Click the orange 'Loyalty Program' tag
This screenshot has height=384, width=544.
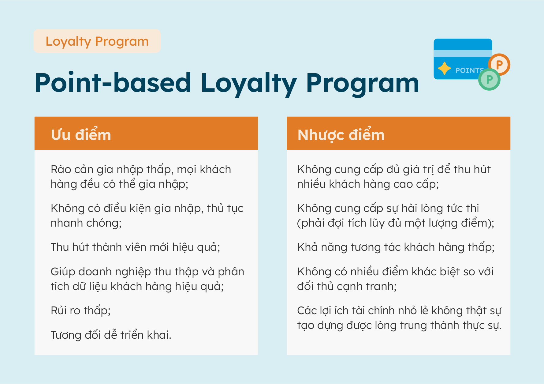pos(97,41)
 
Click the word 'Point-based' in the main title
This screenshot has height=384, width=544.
pos(113,83)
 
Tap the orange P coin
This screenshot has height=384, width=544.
pos(499,64)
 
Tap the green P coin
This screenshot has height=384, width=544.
pos(489,80)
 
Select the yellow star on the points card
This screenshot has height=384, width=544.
pos(444,68)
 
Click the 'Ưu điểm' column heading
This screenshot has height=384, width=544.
pos(81,135)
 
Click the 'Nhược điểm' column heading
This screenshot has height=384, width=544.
pos(341,135)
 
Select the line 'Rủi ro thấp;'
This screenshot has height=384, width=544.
pos(80,311)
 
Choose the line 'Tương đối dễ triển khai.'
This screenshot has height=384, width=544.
pos(111,335)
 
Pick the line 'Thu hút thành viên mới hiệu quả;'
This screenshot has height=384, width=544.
pos(135,247)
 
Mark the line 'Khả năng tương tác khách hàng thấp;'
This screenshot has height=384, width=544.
pos(396,247)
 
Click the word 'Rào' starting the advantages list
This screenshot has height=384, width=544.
pos(61,169)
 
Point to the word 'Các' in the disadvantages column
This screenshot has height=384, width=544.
pos(307,311)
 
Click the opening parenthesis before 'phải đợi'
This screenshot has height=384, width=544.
pos(299,223)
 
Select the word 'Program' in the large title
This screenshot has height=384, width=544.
pos(362,84)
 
